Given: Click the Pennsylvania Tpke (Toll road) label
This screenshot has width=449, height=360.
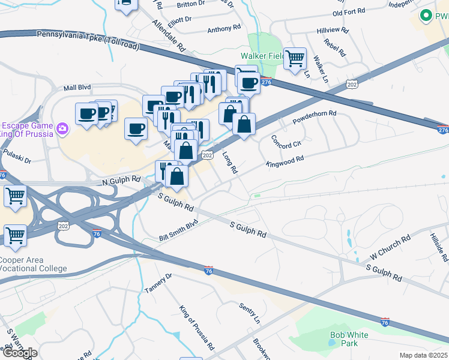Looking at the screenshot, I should tap(88, 40).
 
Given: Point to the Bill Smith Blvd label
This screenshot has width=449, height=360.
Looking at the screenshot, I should tap(178, 230).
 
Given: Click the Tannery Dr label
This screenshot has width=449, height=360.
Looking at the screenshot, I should tap(158, 283).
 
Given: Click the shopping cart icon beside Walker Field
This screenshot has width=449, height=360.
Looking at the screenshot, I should tap(295, 59).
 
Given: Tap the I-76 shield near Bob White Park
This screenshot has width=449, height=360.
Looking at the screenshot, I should tap(385, 322).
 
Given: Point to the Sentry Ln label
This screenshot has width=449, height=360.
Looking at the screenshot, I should tap(249, 311).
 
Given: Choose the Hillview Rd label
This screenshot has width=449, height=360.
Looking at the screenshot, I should tap(332, 29).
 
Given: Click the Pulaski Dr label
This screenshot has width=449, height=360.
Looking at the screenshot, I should tap(16, 157).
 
